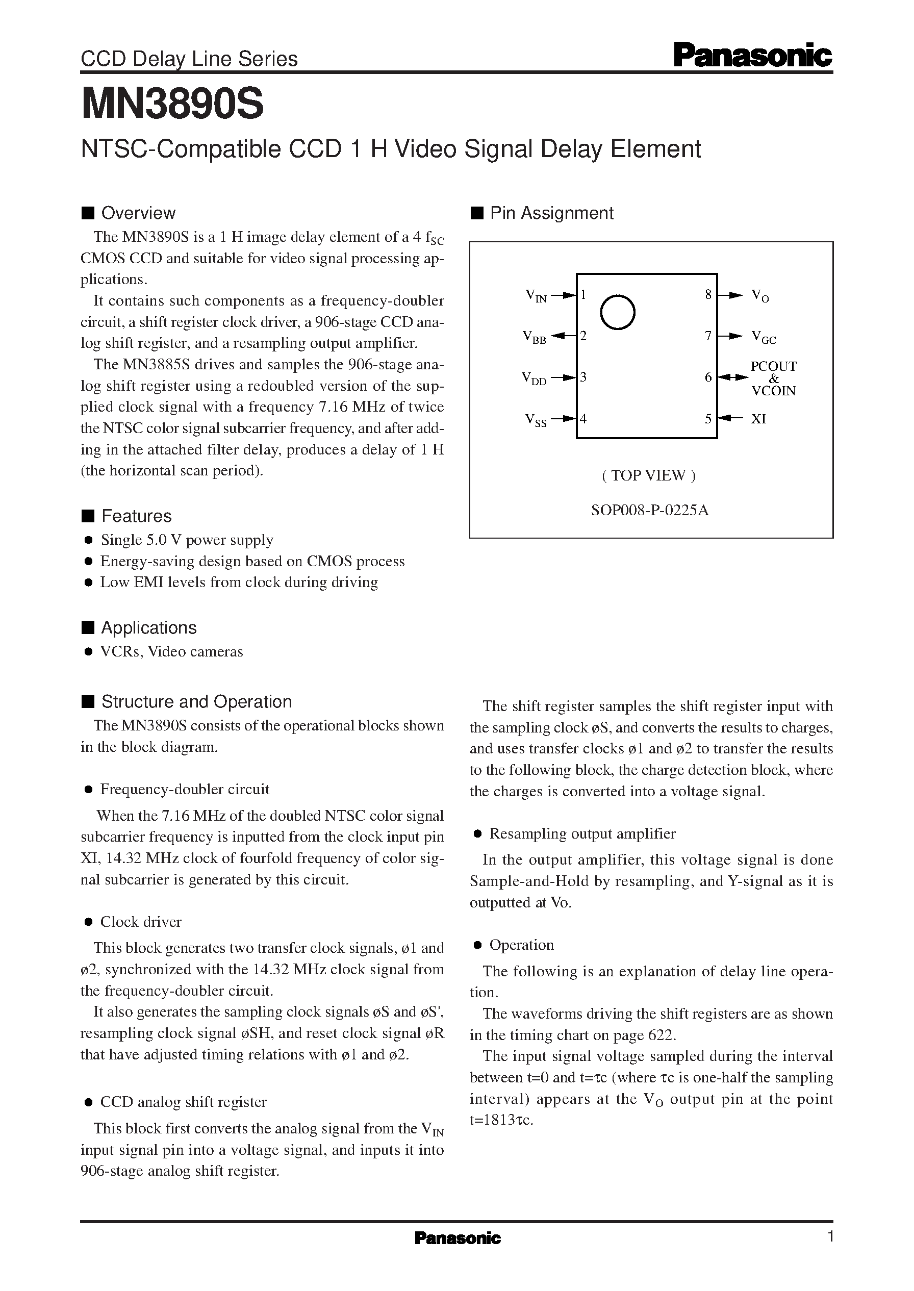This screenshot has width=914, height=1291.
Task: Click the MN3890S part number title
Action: tap(172, 105)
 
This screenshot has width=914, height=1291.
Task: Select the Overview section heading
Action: tap(138, 213)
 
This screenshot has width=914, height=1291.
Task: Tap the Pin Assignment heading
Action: tap(551, 213)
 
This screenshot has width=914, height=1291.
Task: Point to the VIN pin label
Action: tap(535, 295)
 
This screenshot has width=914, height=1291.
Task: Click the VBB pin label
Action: tap(534, 337)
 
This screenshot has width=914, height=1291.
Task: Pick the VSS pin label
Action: tap(535, 420)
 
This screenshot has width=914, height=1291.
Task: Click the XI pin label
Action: tap(758, 419)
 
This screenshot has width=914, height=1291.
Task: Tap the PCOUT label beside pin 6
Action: tap(773, 366)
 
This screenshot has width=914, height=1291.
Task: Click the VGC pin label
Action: tap(764, 337)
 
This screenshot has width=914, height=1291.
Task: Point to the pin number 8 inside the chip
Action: tap(708, 294)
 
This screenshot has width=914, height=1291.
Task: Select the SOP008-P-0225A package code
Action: tap(649, 511)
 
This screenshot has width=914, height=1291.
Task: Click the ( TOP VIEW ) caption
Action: tap(649, 475)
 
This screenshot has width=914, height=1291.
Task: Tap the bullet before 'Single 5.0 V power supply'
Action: tap(88, 540)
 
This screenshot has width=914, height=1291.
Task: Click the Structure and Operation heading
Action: tap(196, 702)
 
